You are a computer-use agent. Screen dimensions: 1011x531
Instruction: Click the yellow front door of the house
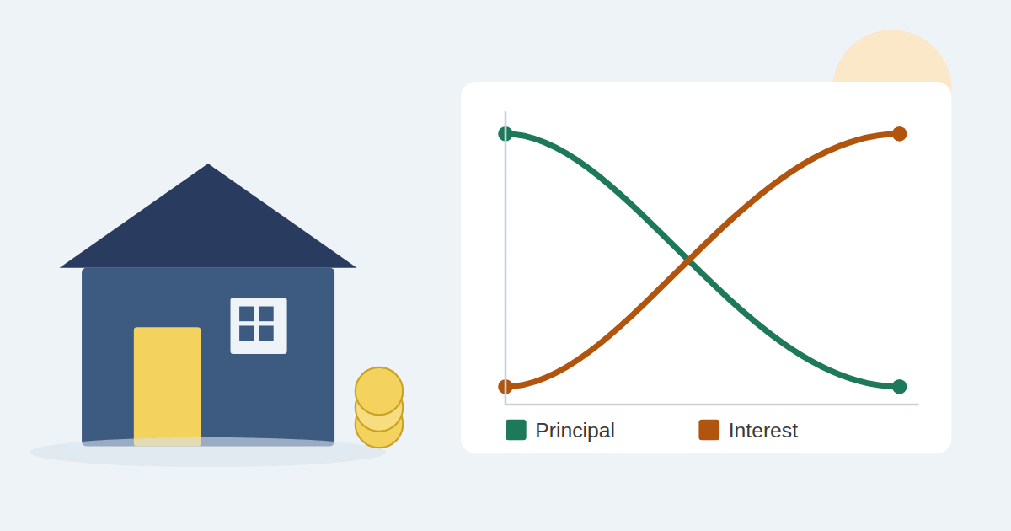(167, 387)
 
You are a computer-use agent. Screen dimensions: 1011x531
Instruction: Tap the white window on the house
(259, 325)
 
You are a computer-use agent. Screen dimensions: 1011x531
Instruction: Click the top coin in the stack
(379, 390)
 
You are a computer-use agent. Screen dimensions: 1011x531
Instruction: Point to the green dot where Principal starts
(505, 134)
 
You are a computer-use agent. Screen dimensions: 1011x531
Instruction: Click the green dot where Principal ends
(900, 387)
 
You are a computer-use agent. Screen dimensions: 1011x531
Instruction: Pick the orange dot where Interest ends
(900, 134)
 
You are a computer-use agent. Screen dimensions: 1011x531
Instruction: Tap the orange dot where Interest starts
(505, 387)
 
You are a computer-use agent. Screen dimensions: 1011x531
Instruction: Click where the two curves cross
(687, 260)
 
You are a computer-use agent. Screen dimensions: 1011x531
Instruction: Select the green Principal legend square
(516, 430)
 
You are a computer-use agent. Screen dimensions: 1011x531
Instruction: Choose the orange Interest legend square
(709, 430)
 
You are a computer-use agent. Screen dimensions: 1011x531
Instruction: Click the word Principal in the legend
(575, 431)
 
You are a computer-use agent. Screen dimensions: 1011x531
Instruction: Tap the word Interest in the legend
(763, 431)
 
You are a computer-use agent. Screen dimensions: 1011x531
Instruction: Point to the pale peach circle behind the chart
(892, 56)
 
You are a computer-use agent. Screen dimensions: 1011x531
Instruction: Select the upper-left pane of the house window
(247, 314)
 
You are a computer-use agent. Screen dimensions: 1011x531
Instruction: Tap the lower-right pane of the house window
(266, 333)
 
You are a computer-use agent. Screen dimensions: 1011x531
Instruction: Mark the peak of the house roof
(208, 164)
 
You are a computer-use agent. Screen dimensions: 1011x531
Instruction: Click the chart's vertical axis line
(505, 258)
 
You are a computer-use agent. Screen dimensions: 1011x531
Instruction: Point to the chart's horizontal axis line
(712, 405)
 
